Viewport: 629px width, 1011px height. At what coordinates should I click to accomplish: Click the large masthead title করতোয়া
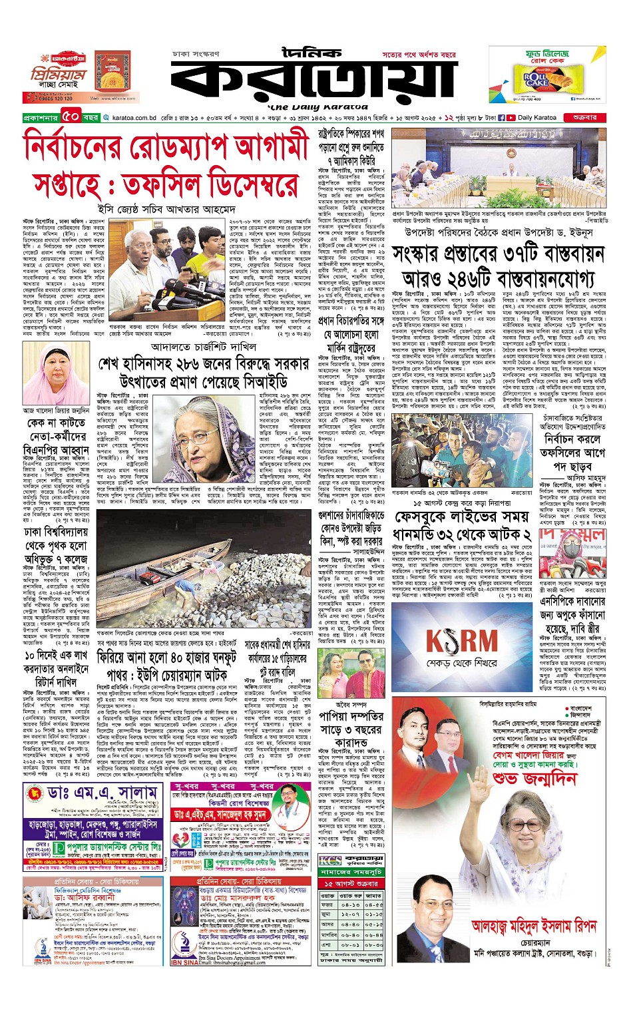(313, 77)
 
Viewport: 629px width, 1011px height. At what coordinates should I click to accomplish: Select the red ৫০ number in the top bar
(71, 117)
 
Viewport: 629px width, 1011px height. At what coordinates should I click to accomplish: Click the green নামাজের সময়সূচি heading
(350, 871)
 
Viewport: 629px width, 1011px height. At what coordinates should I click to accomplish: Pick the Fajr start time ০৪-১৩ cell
(350, 905)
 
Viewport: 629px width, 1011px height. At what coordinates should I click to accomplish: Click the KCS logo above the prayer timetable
(331, 861)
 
